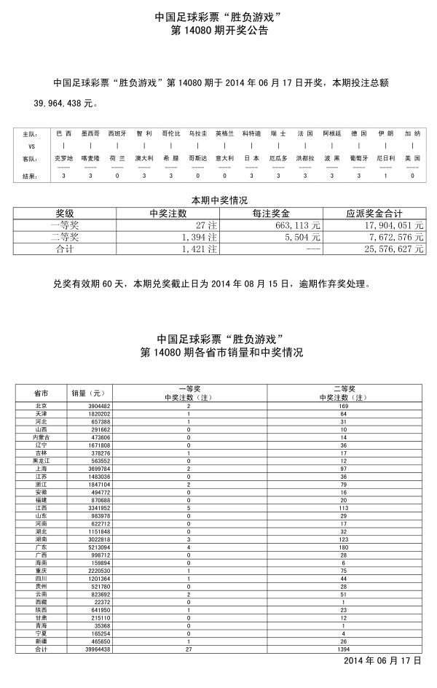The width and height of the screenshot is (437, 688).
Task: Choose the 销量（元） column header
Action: pos(87,393)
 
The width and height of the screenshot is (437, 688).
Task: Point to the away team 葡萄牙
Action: pos(358,158)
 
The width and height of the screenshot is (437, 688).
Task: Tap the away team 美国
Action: pos(412,158)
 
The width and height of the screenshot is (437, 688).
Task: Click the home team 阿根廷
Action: pos(331,134)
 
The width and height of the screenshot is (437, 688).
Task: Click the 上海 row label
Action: pos(42,469)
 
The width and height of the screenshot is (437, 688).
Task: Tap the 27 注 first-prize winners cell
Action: pos(203,225)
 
